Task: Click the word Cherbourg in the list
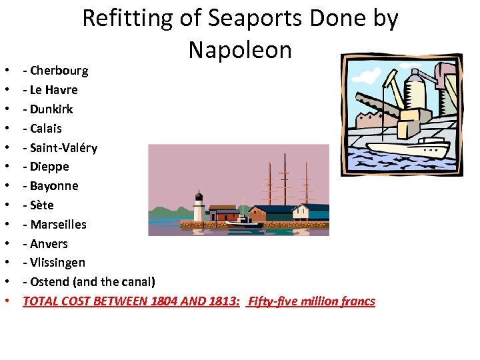59,71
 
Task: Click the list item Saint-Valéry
63,148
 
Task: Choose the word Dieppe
49,167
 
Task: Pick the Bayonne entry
54,186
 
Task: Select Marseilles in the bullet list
58,225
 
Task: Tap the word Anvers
49,244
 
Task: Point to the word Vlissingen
57,263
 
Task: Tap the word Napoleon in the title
240,49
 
